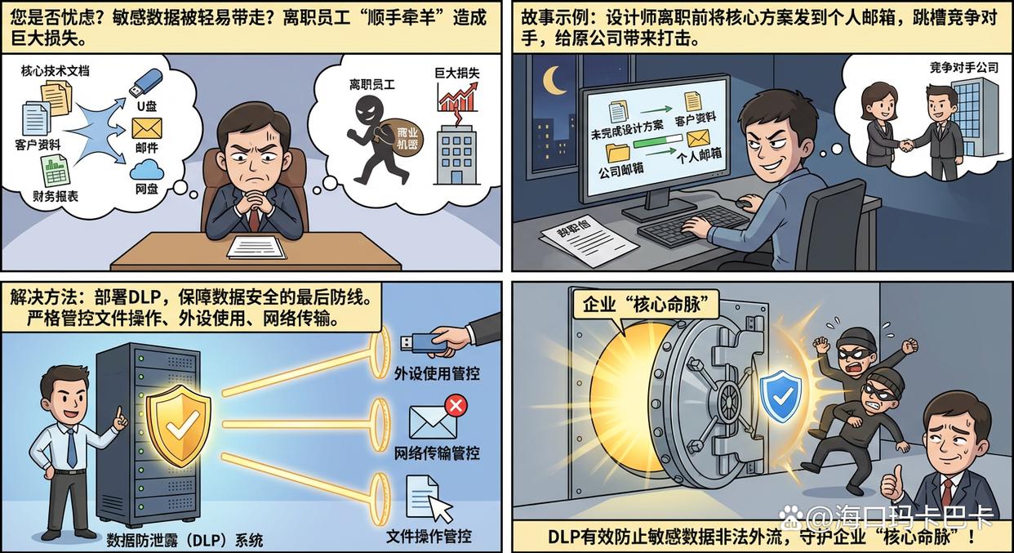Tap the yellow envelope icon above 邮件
click(147, 128)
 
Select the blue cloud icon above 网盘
click(147, 169)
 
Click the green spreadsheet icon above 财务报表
click(55, 170)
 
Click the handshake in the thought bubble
click(907, 145)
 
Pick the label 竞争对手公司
click(963, 68)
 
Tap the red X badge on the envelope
click(456, 405)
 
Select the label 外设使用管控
click(437, 373)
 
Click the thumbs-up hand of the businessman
click(892, 484)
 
